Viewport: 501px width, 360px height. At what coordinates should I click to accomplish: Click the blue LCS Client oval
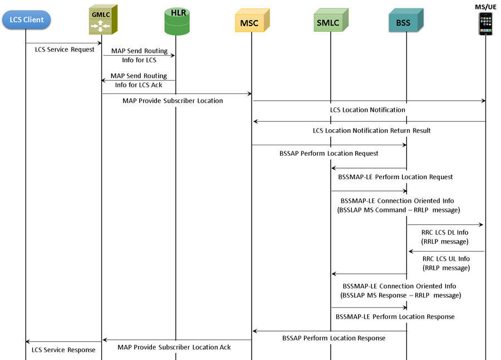tap(26, 20)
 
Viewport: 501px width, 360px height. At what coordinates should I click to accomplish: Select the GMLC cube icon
tap(103, 19)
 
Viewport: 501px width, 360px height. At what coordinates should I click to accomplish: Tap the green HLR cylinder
tap(177, 21)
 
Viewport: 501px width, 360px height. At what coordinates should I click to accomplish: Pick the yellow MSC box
tap(252, 21)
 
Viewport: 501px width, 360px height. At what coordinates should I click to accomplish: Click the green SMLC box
tap(331, 20)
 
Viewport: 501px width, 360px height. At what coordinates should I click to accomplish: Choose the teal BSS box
tap(406, 20)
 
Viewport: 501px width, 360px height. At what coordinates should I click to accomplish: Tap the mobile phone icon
tap(485, 23)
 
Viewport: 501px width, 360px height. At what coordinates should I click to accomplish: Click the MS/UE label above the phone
tap(485, 7)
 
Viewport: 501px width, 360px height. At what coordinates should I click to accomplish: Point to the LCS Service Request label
tap(65, 50)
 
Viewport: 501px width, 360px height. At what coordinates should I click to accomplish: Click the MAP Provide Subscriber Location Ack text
tap(174, 347)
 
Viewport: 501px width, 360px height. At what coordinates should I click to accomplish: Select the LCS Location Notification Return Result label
tap(372, 131)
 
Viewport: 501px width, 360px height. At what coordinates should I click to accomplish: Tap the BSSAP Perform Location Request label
tap(329, 154)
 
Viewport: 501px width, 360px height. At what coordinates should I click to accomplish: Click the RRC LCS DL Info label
tap(445, 233)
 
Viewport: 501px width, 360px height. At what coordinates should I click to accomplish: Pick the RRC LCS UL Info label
tap(446, 259)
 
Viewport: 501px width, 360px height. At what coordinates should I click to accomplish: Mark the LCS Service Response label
tap(63, 350)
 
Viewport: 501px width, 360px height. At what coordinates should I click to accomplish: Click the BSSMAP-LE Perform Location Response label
tap(395, 317)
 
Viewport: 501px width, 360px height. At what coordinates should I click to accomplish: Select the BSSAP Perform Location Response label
tap(334, 338)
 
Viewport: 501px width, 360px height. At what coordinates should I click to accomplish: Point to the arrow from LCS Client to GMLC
tap(63, 43)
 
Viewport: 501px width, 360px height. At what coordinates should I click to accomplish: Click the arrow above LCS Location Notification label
tap(370, 101)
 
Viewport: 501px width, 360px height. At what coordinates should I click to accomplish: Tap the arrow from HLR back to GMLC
tap(139, 81)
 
